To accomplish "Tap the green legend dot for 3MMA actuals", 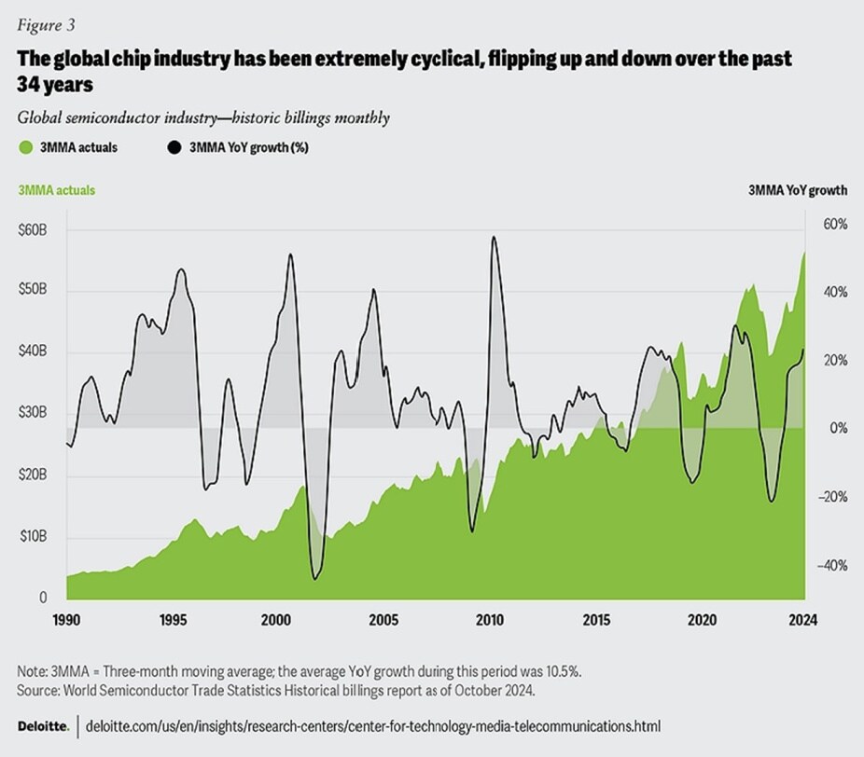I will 25,147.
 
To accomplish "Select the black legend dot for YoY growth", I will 174,147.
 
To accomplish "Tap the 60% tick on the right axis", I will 833,225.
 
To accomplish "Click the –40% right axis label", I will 832,566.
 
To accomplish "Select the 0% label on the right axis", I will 832,429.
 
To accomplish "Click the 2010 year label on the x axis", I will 488,620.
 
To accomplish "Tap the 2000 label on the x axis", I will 274,620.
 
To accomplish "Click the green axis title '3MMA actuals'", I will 55,190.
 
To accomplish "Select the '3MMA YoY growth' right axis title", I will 798,190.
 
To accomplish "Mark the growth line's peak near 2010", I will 492,237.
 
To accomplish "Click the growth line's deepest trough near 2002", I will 314,579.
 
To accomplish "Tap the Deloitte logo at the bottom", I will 43,724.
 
